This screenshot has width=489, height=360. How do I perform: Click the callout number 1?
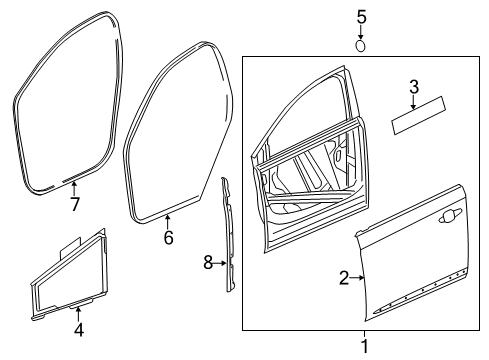[x=364, y=346]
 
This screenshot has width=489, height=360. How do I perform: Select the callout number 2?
[x=343, y=278]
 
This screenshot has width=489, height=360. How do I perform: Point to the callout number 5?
[x=362, y=16]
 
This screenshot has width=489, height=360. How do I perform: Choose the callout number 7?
[x=74, y=205]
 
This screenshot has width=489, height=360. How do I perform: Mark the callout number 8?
[x=208, y=263]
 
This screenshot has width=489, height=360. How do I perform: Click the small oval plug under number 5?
[x=362, y=44]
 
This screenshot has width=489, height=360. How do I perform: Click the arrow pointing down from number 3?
[x=413, y=104]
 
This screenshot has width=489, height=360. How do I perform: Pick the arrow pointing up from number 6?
[x=168, y=222]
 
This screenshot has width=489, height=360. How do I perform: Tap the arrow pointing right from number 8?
[x=220, y=263]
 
